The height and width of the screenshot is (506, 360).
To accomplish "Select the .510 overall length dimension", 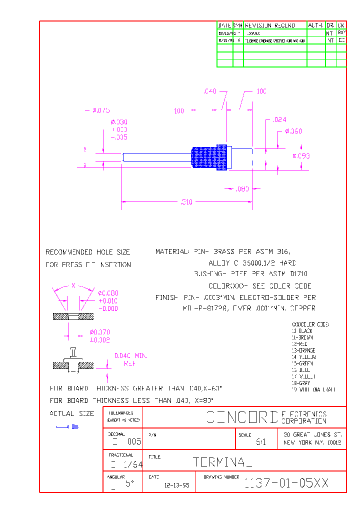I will pos(186,202).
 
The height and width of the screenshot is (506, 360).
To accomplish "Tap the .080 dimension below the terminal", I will pos(242,188).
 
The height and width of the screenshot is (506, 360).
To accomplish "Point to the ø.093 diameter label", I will pos(301,156).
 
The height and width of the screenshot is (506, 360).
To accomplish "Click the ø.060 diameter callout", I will pos(293,131).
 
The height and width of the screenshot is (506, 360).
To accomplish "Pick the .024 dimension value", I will pos(279,119).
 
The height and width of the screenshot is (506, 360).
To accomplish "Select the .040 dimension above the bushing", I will pos(209,91).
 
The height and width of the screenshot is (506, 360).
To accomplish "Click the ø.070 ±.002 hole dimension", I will pos(100,336).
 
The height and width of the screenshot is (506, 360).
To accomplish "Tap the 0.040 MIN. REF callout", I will pos(131,359).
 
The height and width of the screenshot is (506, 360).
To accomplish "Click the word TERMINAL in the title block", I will pos(222,462).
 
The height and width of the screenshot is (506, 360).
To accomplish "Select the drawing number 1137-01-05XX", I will pos(286,483).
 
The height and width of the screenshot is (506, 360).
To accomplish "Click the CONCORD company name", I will pos(242,417).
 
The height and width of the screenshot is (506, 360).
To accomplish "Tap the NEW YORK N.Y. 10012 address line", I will pos(312,443).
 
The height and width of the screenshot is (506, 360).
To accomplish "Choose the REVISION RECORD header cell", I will pos(269,25).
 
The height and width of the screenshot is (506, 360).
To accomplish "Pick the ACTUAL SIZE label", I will pos(71,413).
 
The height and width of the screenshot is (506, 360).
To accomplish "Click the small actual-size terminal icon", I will pos(67,426).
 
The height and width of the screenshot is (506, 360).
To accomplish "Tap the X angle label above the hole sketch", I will pos(73,285).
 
